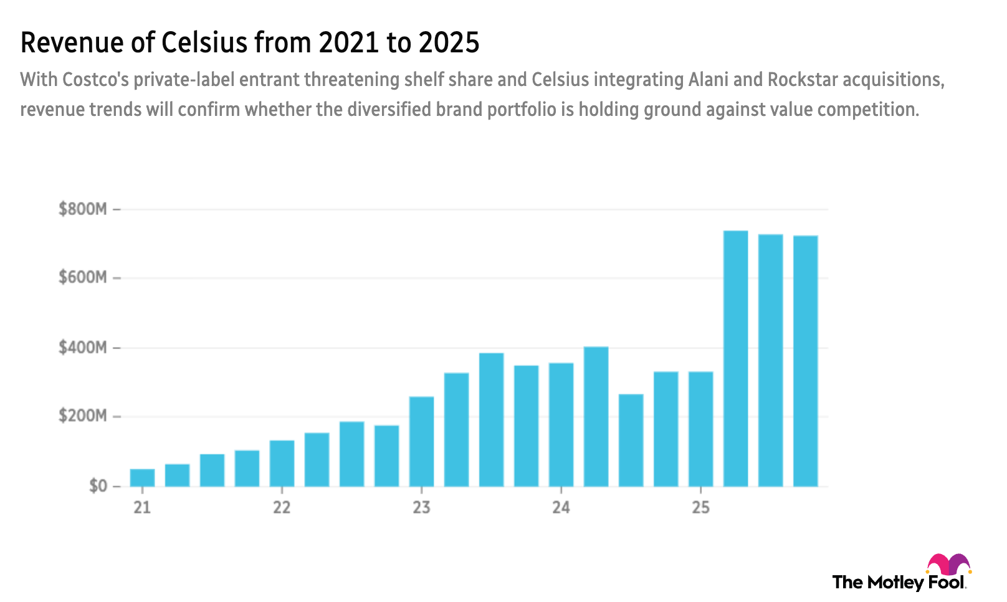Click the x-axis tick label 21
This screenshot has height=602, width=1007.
tap(142, 507)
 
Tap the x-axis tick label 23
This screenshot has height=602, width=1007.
tap(422, 507)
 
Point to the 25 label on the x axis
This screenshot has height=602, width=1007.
tap(701, 507)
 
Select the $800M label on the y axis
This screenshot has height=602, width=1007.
tap(82, 209)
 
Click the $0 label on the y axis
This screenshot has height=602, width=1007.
tap(98, 486)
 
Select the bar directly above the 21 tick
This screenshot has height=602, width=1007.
tap(142, 477)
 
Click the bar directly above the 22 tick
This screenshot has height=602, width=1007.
tap(282, 462)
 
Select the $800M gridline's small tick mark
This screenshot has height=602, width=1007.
tap(116, 211)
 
